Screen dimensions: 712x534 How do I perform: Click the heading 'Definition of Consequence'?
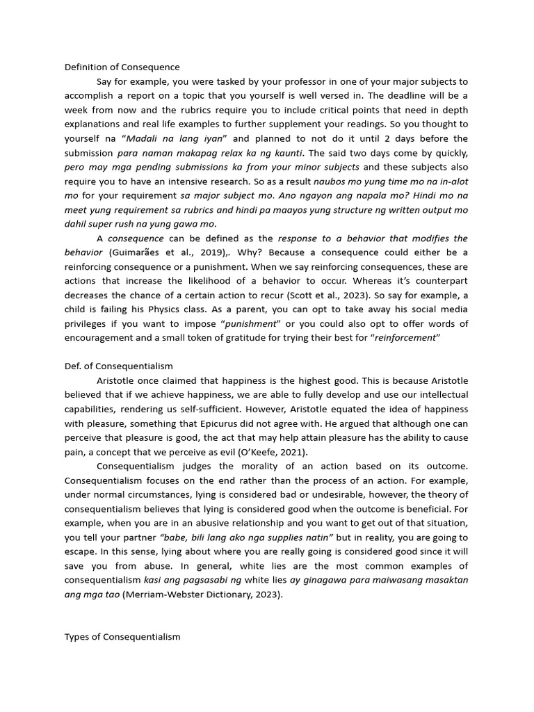click(x=122, y=67)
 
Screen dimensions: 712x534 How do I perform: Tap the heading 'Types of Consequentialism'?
click(x=122, y=636)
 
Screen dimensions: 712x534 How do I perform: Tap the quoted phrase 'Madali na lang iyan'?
click(x=177, y=139)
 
